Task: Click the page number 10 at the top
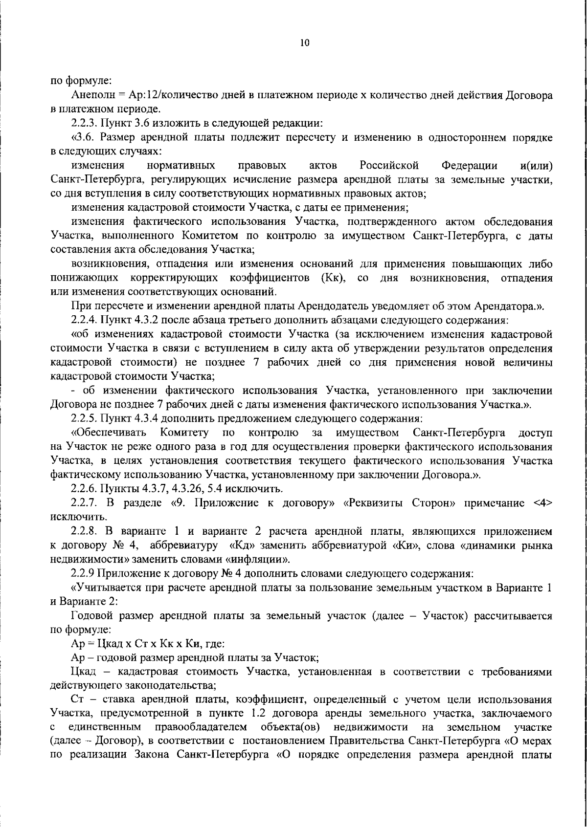pos(304,43)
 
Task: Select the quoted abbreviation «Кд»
pos(264,545)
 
